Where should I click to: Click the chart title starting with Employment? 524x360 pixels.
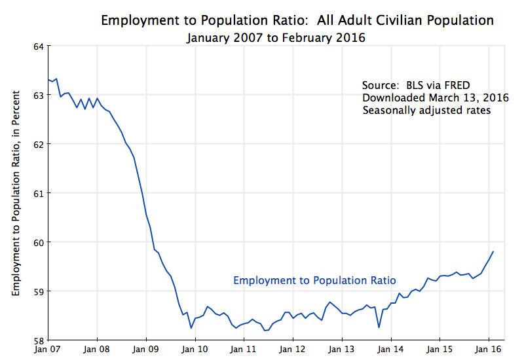(297, 20)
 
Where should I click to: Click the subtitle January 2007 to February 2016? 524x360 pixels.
(275, 38)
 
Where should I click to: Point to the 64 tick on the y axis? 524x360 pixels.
(38, 46)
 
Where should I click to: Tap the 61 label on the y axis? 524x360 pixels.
(38, 193)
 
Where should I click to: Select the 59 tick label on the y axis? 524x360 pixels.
(38, 291)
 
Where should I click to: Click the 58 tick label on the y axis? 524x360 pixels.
(38, 340)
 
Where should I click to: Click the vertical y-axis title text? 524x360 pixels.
(15, 193)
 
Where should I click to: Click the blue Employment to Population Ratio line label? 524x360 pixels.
(310, 280)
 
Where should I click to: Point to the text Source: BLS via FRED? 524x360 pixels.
(416, 86)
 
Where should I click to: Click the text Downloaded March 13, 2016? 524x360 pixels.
(436, 98)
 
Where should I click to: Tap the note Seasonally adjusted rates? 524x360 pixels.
(426, 111)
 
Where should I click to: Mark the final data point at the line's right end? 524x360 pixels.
(493, 251)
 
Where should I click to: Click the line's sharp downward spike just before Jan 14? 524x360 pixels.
(379, 327)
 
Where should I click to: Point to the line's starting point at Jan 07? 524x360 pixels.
(48, 79)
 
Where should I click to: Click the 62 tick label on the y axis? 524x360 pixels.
(38, 144)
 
